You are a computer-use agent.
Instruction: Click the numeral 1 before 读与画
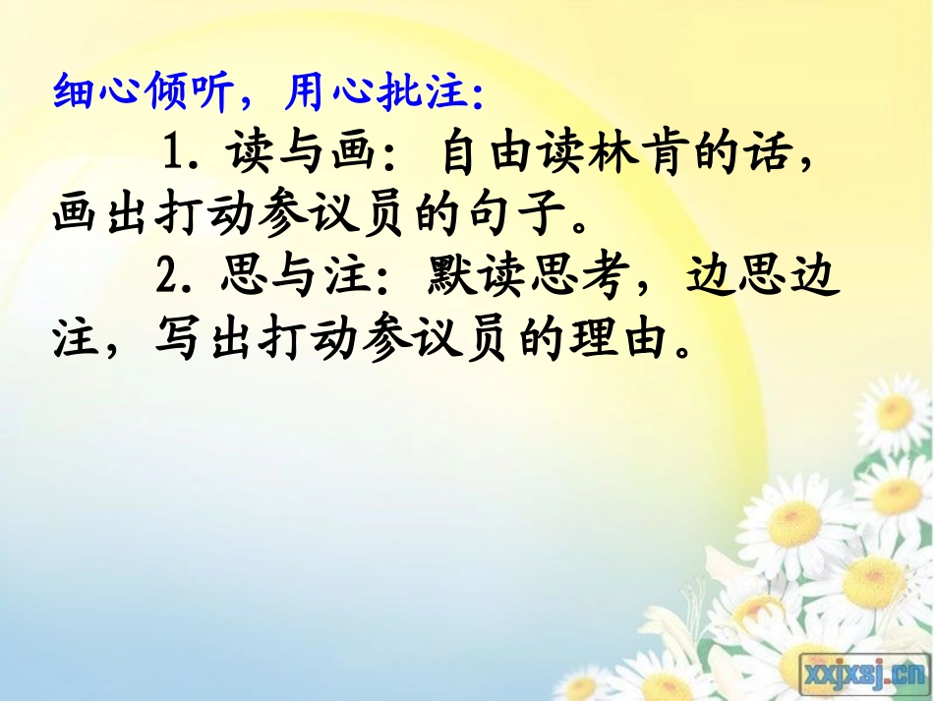pos(174,154)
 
